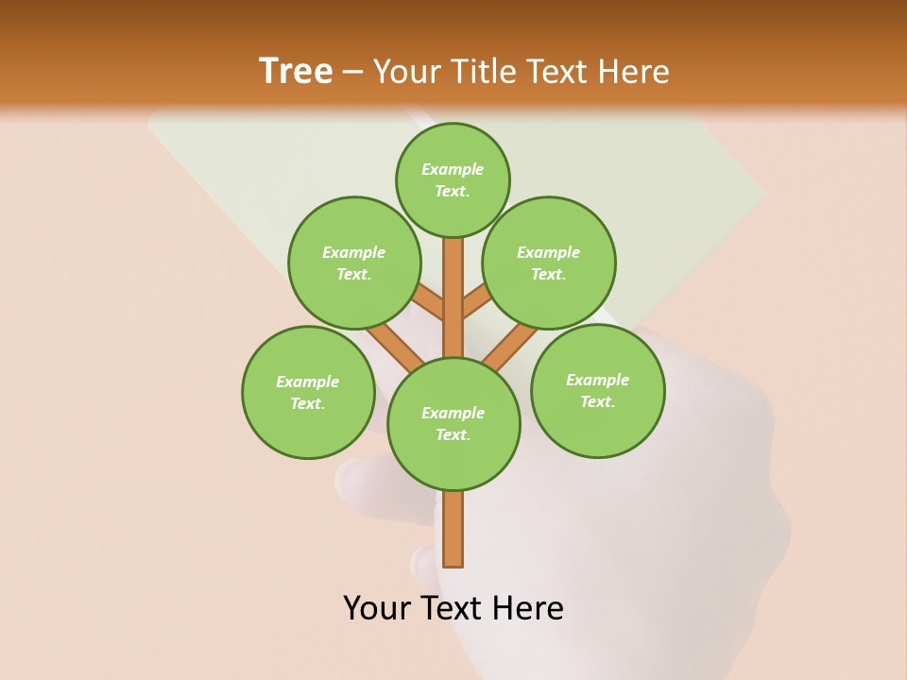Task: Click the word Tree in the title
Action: pos(296,71)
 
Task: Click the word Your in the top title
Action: pos(408,72)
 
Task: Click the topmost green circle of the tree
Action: pos(453,179)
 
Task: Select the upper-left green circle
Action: pos(353,263)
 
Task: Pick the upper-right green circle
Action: pos(549,263)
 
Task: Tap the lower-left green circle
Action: pos(308,392)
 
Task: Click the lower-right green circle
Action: pos(597,390)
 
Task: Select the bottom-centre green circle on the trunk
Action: pos(453,424)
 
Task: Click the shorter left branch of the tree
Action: pos(430,302)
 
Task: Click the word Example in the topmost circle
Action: pos(453,169)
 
